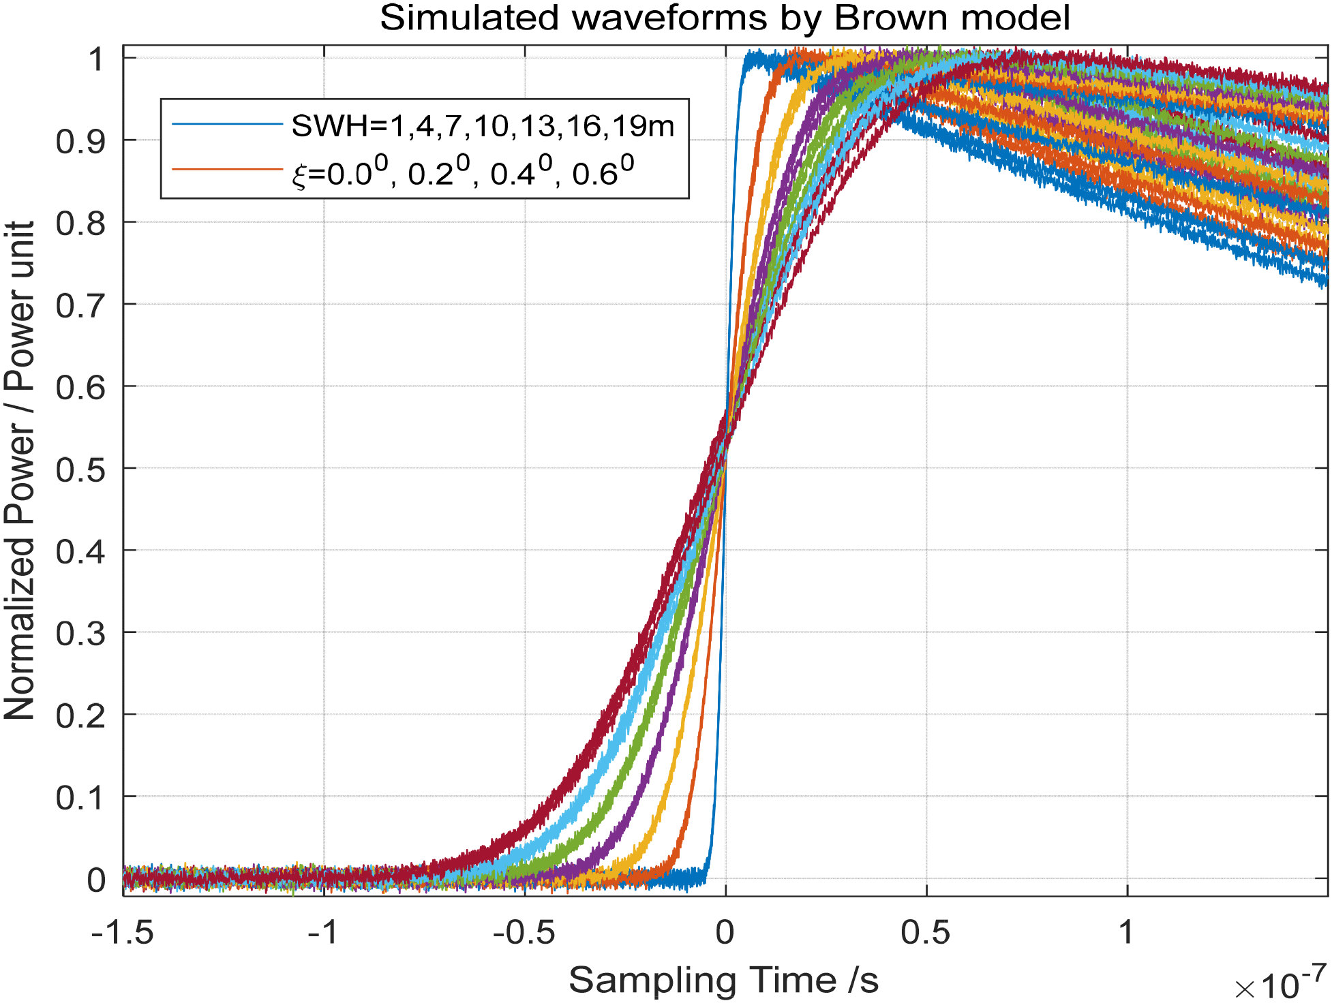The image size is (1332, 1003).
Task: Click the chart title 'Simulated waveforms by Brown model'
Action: pyautogui.click(x=724, y=18)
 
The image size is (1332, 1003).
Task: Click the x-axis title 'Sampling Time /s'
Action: pyautogui.click(x=723, y=981)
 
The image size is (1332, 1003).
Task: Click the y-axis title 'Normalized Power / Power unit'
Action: pyautogui.click(x=19, y=470)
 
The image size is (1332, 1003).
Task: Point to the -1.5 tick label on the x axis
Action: pyautogui.click(x=123, y=931)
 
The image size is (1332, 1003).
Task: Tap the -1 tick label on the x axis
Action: pyautogui.click(x=323, y=931)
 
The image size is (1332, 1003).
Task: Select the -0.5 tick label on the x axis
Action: pyautogui.click(x=524, y=931)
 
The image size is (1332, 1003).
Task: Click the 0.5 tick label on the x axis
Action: pyautogui.click(x=925, y=931)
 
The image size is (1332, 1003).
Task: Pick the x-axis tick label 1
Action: pyautogui.click(x=1126, y=931)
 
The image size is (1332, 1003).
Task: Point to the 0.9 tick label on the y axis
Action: pyautogui.click(x=80, y=141)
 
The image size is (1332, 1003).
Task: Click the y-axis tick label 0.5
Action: pyautogui.click(x=80, y=469)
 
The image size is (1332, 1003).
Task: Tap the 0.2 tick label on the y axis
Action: pyautogui.click(x=80, y=715)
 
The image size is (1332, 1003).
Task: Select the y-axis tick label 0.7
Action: pyautogui.click(x=80, y=305)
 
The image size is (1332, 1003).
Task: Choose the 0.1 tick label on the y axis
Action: pyautogui.click(x=80, y=797)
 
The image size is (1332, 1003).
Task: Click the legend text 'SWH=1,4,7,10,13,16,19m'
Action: pyautogui.click(x=483, y=126)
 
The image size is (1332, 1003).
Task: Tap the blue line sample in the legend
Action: pyautogui.click(x=227, y=124)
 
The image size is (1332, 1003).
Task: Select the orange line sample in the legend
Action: pyautogui.click(x=227, y=168)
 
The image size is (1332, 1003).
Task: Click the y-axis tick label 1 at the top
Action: pyautogui.click(x=96, y=59)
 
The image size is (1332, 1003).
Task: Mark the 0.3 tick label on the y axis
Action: pyautogui.click(x=80, y=634)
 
